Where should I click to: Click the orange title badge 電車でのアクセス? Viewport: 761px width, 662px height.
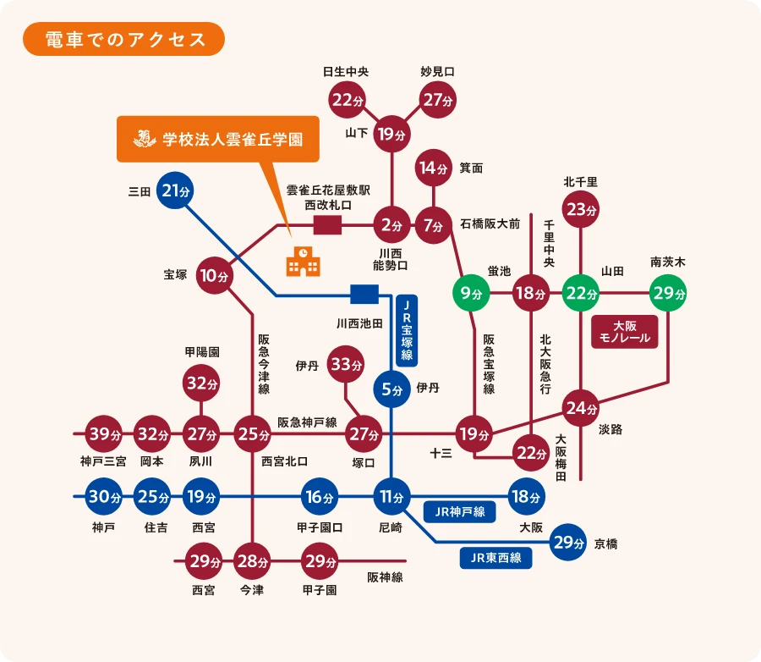click(x=123, y=39)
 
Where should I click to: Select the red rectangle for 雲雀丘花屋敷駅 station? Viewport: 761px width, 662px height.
click(x=327, y=225)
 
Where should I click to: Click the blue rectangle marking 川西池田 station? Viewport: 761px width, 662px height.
click(x=364, y=295)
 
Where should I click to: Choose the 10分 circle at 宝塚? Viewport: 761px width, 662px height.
click(x=216, y=275)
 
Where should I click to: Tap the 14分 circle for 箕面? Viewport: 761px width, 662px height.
click(x=433, y=168)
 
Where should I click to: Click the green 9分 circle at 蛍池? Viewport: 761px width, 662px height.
click(x=472, y=294)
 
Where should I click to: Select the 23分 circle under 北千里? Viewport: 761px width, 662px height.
click(x=582, y=209)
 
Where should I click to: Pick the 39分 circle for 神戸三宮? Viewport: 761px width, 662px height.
click(x=104, y=434)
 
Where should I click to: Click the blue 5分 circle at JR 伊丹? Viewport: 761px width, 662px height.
click(x=391, y=390)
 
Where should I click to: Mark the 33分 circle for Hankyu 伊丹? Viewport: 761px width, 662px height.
click(x=345, y=365)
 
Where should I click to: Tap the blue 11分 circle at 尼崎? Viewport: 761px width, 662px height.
click(x=391, y=496)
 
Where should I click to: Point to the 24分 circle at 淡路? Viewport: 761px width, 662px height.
click(x=582, y=408)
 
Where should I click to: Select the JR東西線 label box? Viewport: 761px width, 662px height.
click(x=495, y=558)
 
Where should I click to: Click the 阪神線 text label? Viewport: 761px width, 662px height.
click(x=385, y=577)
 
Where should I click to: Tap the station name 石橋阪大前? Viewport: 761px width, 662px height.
click(x=490, y=224)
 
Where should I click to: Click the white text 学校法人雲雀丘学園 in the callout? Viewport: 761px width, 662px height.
click(x=232, y=139)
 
